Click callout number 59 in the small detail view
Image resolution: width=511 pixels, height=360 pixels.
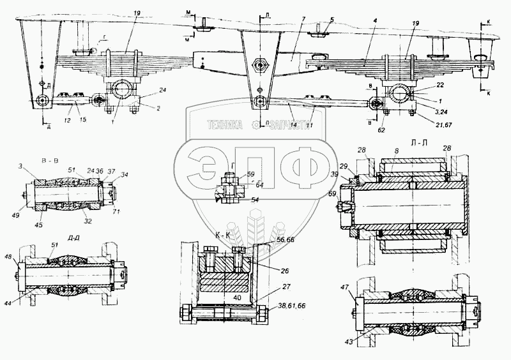point(250,174)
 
